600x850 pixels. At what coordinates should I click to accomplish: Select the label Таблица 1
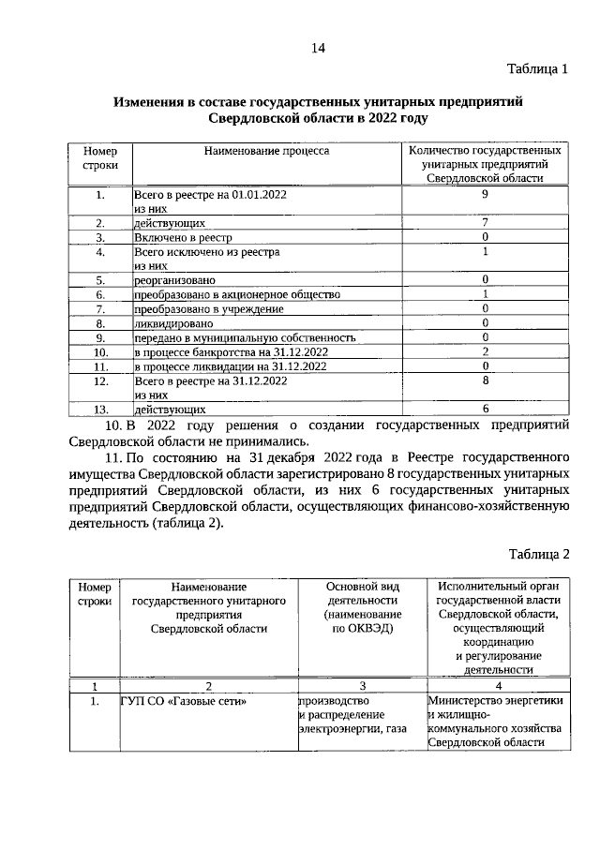pyautogui.click(x=537, y=69)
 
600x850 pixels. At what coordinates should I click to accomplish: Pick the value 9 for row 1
pyautogui.click(x=485, y=195)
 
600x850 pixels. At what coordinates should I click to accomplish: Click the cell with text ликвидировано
pyautogui.click(x=172, y=322)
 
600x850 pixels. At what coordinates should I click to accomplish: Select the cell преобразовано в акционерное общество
pyautogui.click(x=235, y=294)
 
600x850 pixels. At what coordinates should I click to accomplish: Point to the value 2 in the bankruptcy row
pyautogui.click(x=485, y=351)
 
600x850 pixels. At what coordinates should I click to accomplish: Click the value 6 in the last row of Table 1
pyautogui.click(x=485, y=409)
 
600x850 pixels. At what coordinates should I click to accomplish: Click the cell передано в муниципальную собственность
pyautogui.click(x=245, y=337)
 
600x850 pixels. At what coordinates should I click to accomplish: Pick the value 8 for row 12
pyautogui.click(x=485, y=380)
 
